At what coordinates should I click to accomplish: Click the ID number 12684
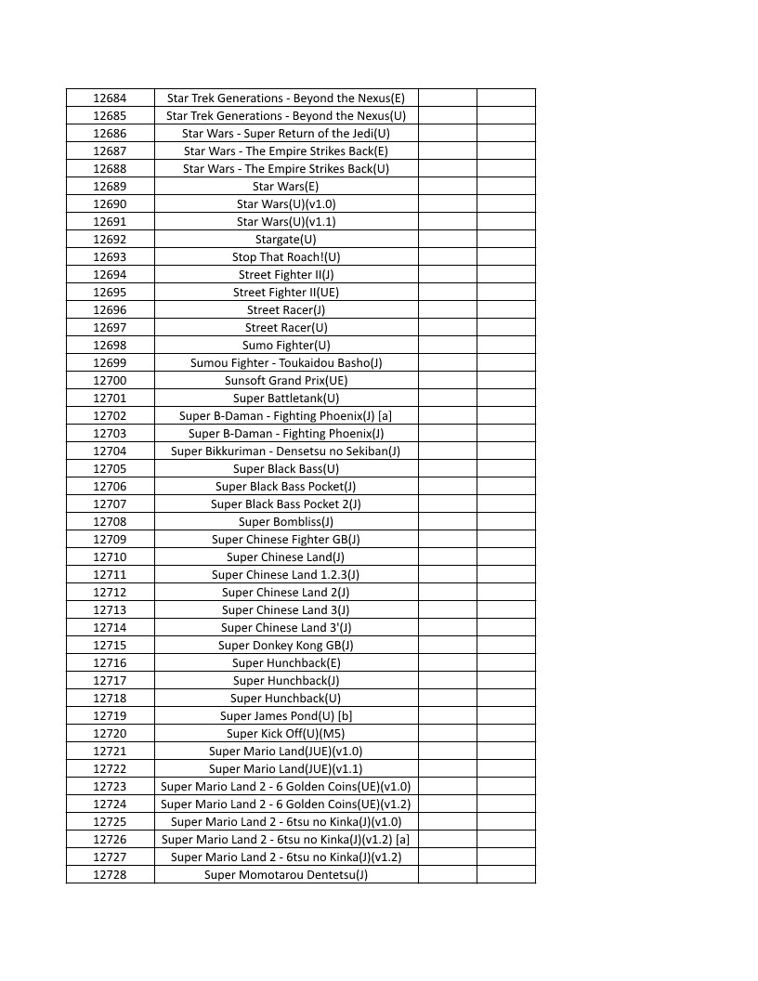click(110, 98)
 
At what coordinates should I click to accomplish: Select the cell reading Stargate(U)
click(286, 239)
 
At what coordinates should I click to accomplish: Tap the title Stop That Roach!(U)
click(286, 256)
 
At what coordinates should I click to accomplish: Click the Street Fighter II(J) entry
click(286, 274)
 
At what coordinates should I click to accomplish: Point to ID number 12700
click(110, 380)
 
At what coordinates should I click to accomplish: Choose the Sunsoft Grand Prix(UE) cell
click(286, 380)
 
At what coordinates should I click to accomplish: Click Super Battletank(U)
click(286, 398)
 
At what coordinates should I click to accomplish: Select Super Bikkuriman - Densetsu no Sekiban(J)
click(286, 451)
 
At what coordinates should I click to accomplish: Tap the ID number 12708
click(110, 521)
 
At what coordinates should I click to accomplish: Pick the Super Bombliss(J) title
click(286, 521)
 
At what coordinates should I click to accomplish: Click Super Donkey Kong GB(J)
click(286, 645)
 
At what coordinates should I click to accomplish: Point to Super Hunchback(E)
click(286, 662)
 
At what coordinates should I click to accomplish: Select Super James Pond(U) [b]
click(286, 715)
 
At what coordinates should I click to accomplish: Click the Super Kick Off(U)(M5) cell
click(286, 733)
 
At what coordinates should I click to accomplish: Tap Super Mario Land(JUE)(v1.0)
click(286, 751)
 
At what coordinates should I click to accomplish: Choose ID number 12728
click(110, 874)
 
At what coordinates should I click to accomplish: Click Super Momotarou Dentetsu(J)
click(286, 874)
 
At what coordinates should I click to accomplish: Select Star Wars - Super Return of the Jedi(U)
click(286, 133)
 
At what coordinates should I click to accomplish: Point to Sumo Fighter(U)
click(286, 345)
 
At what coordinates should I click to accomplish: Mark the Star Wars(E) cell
click(286, 186)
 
